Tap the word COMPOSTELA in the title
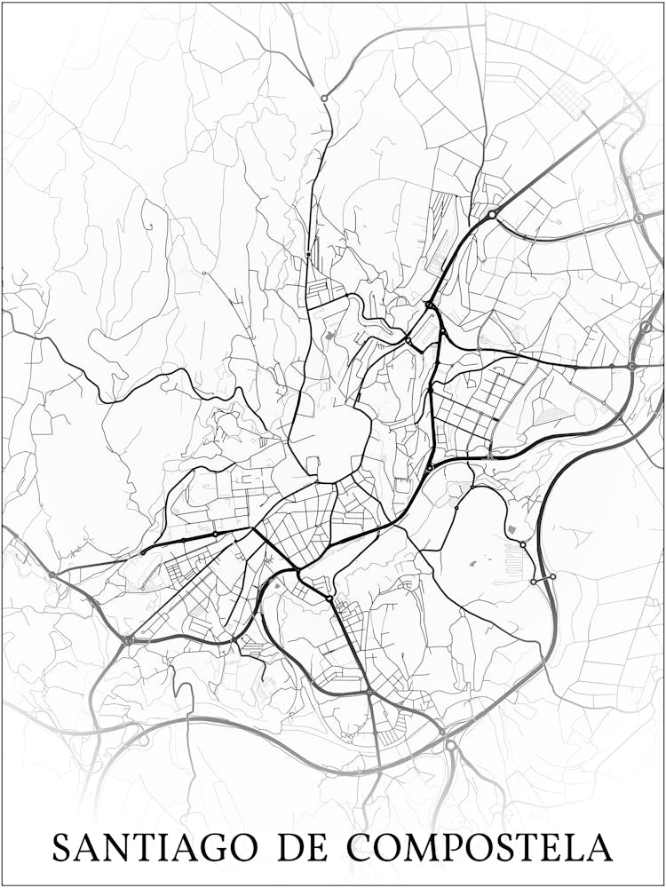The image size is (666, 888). point(480,847)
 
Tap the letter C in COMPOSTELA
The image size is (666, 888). point(360,847)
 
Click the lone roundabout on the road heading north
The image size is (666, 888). point(325,98)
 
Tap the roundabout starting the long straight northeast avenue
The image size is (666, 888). point(492,214)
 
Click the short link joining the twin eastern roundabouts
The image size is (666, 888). point(543,579)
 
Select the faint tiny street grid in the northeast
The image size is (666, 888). point(568,96)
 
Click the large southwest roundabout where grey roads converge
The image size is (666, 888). point(129,639)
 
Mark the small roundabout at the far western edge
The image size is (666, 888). point(52,575)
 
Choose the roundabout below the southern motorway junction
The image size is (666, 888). point(451,746)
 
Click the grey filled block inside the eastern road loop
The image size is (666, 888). point(512,530)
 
